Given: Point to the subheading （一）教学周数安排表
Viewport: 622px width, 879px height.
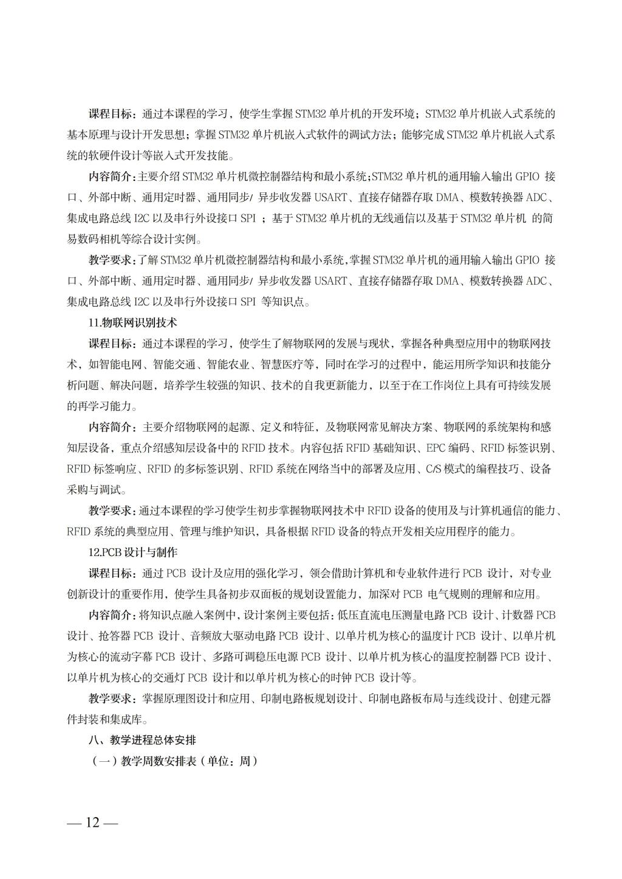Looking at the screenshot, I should pyautogui.click(x=174, y=761).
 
